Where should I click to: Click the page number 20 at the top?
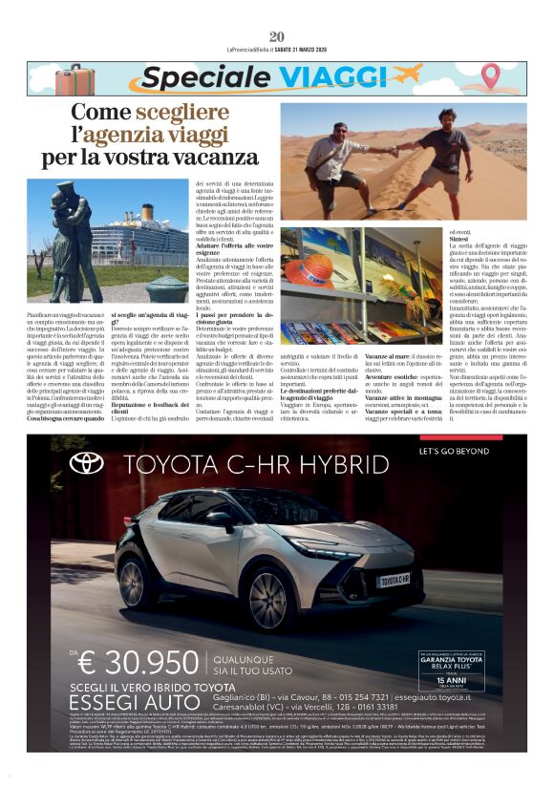pos(277,36)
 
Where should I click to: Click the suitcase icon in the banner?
pos(74,79)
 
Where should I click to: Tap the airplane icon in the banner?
pos(407,74)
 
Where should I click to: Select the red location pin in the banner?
pos(490,76)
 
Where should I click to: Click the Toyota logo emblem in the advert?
pos(87,464)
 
